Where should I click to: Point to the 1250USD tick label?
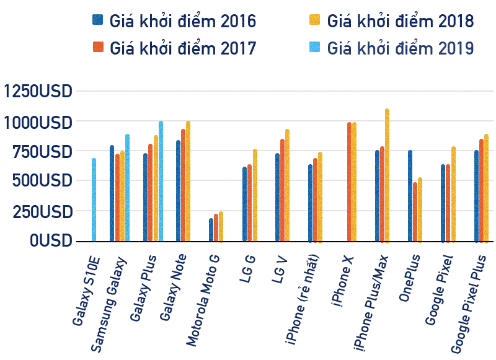[x=38, y=92]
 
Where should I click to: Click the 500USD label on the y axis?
[x=42, y=181]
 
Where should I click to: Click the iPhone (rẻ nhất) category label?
[x=303, y=297]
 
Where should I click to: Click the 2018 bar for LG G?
[x=255, y=195]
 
